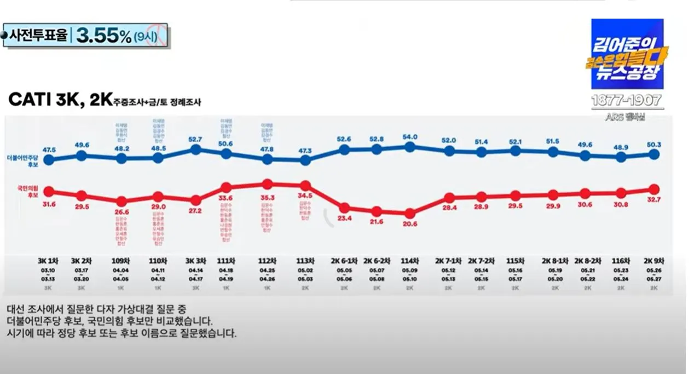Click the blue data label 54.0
tap(410, 137)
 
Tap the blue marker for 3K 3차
tap(196, 149)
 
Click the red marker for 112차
tap(268, 185)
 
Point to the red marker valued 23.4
tap(344, 208)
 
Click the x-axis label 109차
tap(122, 261)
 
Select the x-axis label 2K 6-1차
tap(344, 261)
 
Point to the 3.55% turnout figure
tap(103, 36)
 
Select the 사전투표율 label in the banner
tap(38, 36)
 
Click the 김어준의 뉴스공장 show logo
tap(627, 55)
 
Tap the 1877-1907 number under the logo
tap(627, 101)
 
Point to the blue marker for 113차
tap(305, 160)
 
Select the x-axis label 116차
tap(621, 261)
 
